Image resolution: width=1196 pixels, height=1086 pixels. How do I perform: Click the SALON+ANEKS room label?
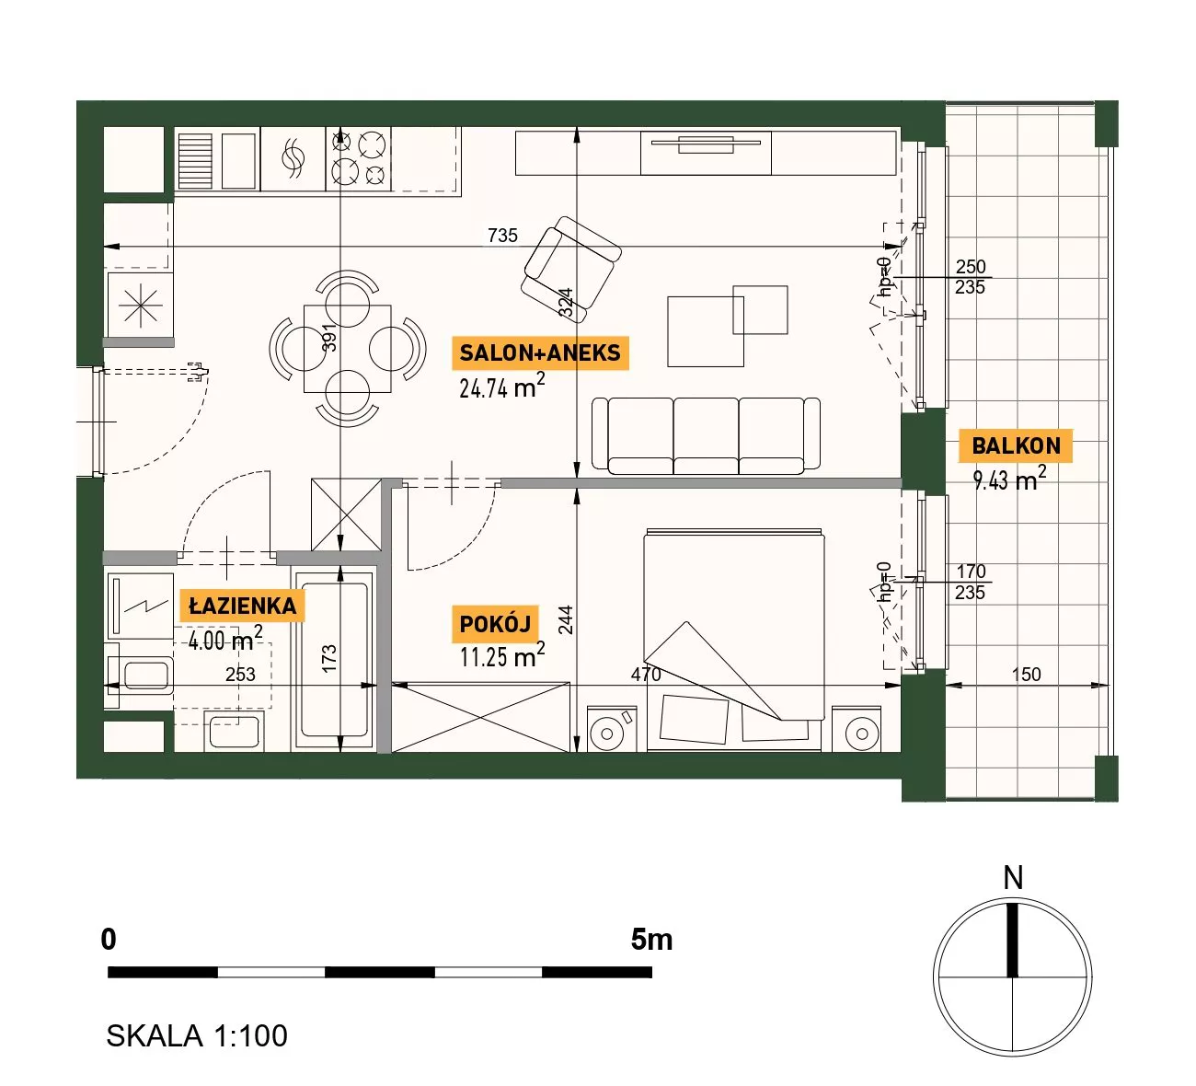click(x=540, y=352)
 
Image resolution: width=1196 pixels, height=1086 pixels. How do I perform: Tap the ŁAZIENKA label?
click(x=242, y=607)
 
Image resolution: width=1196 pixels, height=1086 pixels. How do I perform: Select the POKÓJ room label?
click(x=495, y=624)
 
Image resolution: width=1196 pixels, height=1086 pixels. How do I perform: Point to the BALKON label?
click(x=1016, y=445)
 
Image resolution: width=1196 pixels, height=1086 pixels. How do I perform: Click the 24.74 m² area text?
click(x=502, y=387)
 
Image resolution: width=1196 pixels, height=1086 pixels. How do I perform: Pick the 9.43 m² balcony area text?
click(x=1009, y=479)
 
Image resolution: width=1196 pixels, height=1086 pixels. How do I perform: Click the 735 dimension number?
click(x=502, y=235)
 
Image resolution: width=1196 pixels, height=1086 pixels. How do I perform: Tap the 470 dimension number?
click(x=646, y=675)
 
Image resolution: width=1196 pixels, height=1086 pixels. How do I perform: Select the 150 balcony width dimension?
click(x=1026, y=675)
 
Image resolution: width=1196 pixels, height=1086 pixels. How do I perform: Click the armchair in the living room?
click(x=570, y=270)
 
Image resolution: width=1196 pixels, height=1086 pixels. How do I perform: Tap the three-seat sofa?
click(x=706, y=436)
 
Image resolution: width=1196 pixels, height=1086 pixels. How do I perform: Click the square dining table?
click(x=348, y=349)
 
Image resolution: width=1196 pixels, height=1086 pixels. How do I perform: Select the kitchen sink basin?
click(x=238, y=161)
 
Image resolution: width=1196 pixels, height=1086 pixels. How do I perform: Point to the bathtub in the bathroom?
click(x=335, y=661)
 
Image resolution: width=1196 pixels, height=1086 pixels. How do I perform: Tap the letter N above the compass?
click(x=1013, y=878)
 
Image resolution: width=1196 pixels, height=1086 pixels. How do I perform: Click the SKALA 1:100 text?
click(x=197, y=1035)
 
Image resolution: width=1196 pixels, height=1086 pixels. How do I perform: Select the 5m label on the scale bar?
click(x=651, y=940)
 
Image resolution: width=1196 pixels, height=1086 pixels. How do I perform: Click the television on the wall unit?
click(x=706, y=144)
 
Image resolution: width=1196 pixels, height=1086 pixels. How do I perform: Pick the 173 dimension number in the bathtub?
click(x=329, y=659)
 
